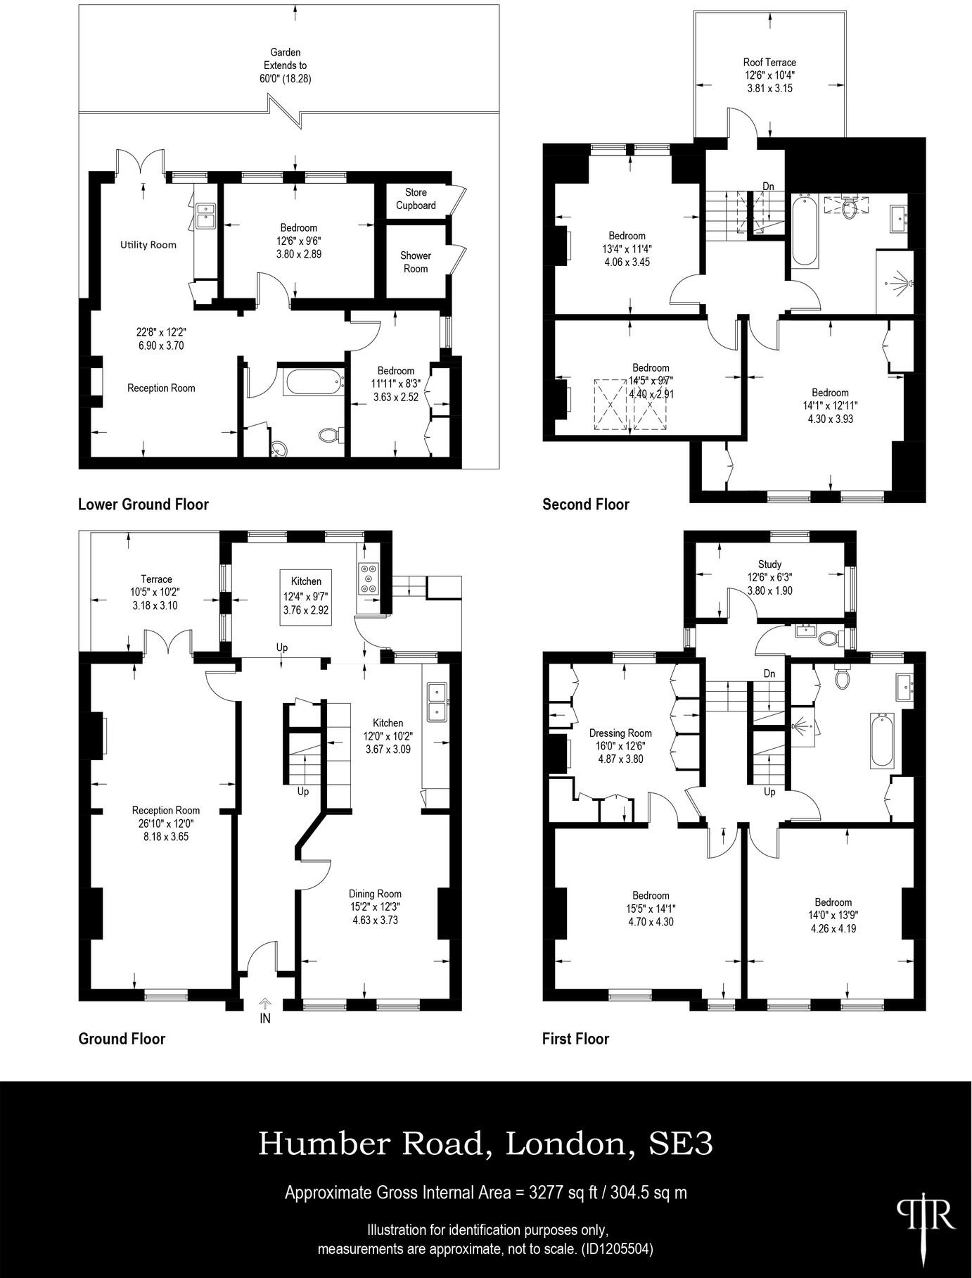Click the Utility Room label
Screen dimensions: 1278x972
tap(148, 245)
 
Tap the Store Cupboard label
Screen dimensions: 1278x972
tap(416, 198)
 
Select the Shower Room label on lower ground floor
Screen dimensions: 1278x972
tap(416, 262)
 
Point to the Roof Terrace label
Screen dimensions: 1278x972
tap(769, 63)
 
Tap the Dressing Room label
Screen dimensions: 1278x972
tap(620, 733)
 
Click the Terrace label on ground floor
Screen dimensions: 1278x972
tap(156, 579)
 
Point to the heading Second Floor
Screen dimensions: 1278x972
tap(585, 504)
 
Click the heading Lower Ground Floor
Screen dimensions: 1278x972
tap(143, 504)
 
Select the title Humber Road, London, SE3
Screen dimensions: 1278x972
tap(485, 1144)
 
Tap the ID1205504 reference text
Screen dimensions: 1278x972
tap(616, 1250)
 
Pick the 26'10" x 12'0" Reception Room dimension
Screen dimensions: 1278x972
tap(165, 823)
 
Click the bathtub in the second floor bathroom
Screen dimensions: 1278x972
tap(805, 232)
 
